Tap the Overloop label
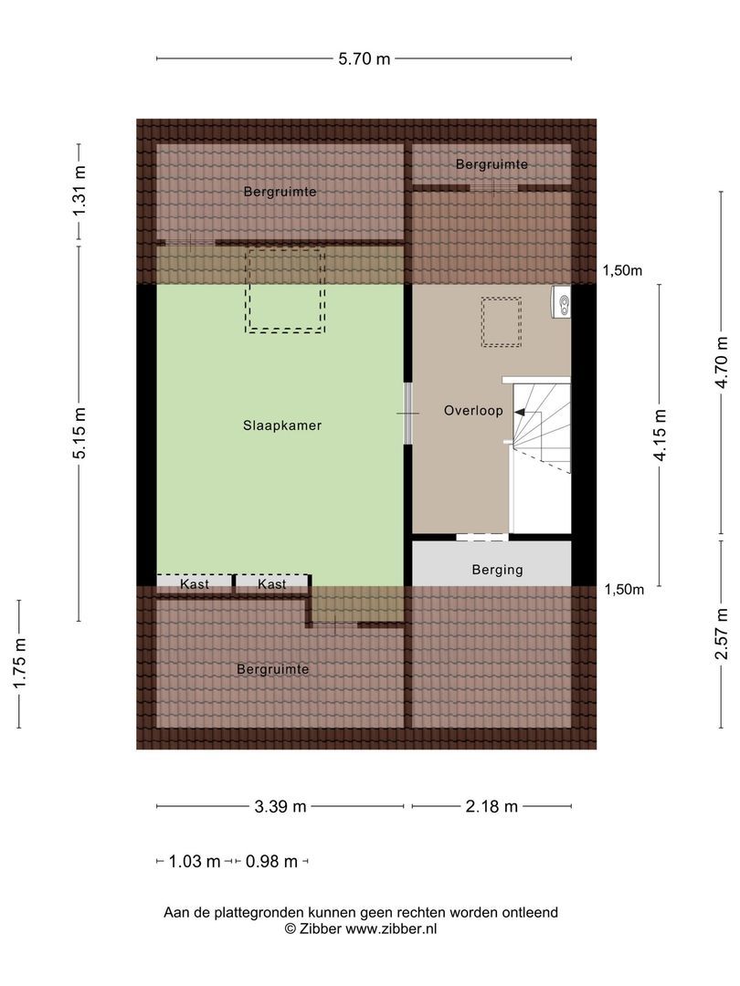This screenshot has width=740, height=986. click(473, 411)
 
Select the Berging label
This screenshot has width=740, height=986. click(497, 570)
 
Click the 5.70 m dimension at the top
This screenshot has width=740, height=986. click(365, 59)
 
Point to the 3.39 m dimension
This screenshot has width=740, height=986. click(280, 806)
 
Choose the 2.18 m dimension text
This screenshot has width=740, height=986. click(492, 806)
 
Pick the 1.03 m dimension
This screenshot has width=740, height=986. click(195, 862)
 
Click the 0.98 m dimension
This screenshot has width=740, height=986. click(271, 862)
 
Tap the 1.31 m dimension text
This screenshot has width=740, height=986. click(79, 191)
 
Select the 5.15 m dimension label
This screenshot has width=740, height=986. click(79, 434)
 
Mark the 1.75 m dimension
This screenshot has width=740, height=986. click(19, 663)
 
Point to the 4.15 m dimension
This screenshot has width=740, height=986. click(660, 435)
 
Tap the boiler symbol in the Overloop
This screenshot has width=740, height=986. click(562, 303)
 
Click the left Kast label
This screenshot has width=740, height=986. click(195, 584)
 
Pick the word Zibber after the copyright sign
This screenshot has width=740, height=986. click(321, 928)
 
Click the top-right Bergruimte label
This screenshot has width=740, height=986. click(492, 164)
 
